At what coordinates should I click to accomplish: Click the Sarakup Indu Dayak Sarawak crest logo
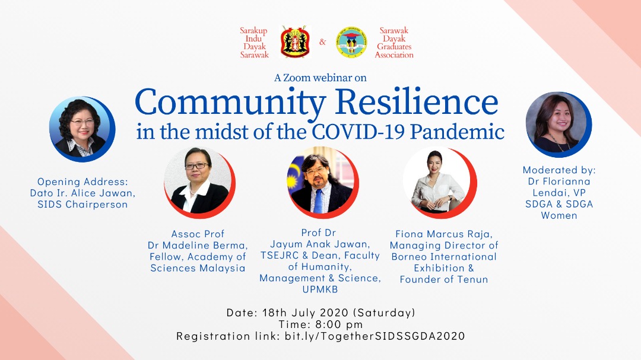pyautogui.click(x=294, y=42)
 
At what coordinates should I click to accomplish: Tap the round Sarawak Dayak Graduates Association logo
pyautogui.click(x=351, y=42)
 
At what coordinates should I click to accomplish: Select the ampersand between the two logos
pyautogui.click(x=322, y=42)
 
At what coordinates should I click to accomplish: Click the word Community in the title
pyautogui.click(x=230, y=102)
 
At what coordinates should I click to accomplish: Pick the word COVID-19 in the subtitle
pyautogui.click(x=358, y=132)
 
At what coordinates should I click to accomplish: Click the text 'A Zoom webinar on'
pyautogui.click(x=320, y=78)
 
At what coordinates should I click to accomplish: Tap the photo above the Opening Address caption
pyautogui.click(x=82, y=129)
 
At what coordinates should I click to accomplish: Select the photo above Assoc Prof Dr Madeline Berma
pyautogui.click(x=199, y=182)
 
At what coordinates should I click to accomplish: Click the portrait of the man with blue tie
pyautogui.click(x=322, y=182)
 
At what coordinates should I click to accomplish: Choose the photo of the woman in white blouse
pyautogui.click(x=440, y=182)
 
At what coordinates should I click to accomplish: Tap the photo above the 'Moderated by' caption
pyautogui.click(x=559, y=124)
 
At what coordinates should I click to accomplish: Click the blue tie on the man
pyautogui.click(x=319, y=200)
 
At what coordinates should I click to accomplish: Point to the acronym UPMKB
pyautogui.click(x=320, y=289)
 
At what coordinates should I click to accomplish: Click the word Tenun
pyautogui.click(x=472, y=279)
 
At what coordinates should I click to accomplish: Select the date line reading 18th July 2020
pyautogui.click(x=321, y=313)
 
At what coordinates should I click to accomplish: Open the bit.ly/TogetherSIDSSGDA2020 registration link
pyautogui.click(x=375, y=336)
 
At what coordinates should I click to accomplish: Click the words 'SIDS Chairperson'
pyautogui.click(x=82, y=204)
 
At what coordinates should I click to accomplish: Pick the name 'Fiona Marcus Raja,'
pyautogui.click(x=444, y=234)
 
